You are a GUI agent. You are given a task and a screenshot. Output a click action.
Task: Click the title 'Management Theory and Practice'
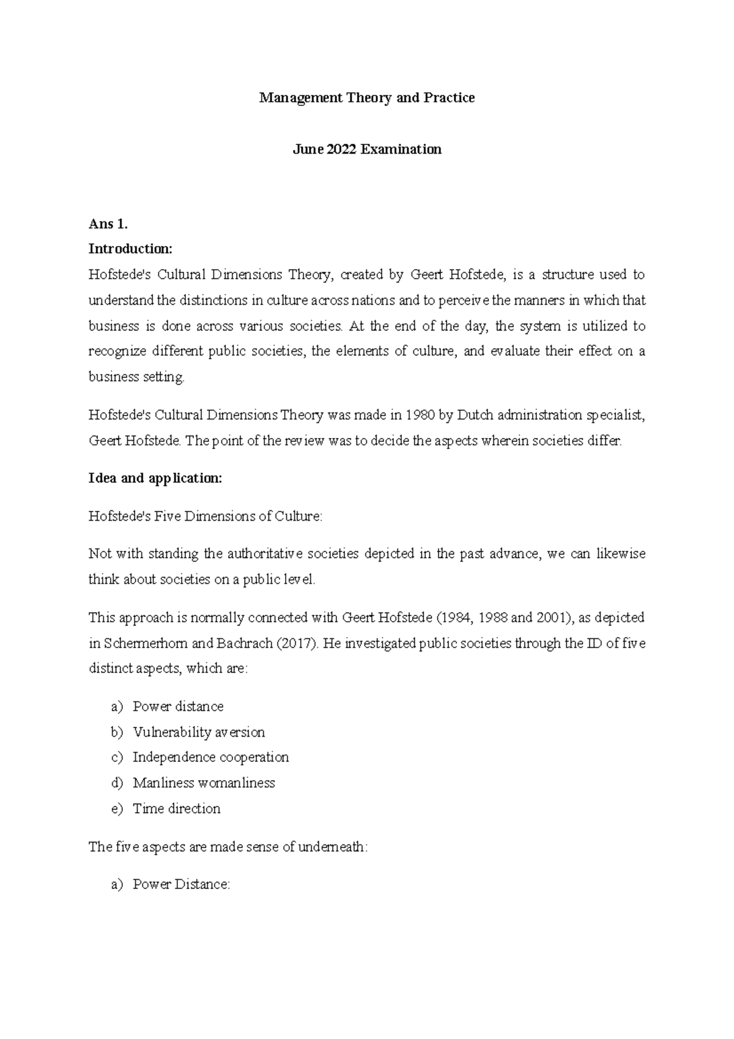pos(367,98)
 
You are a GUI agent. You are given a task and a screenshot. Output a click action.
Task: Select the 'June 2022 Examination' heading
pos(367,149)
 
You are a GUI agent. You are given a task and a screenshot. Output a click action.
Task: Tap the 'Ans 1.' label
pos(108,224)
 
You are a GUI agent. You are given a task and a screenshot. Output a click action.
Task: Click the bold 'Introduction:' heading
pos(131,249)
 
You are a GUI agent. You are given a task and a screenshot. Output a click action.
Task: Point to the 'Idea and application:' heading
pos(155,479)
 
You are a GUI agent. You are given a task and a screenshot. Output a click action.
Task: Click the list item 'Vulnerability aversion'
pos(199,732)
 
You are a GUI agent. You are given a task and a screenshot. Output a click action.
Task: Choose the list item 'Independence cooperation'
pos(210,758)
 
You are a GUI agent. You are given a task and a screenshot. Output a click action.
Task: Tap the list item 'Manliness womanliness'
pos(204,783)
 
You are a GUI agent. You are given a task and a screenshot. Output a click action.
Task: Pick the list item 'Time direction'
pos(176,808)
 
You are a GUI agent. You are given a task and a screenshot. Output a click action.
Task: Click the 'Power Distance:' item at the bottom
pos(181,884)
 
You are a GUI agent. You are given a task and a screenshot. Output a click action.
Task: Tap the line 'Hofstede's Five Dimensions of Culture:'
pos(205,516)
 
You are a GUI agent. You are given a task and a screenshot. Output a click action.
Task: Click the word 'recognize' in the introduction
pos(117,351)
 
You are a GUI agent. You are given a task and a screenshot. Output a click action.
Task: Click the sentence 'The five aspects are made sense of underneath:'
pos(229,847)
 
